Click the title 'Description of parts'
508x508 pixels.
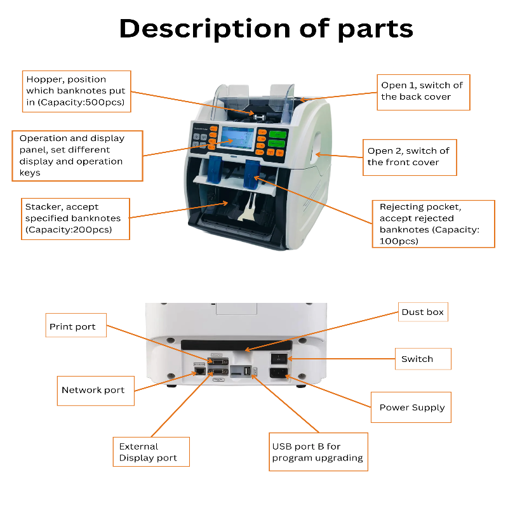click(x=266, y=29)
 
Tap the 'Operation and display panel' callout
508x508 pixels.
click(x=77, y=156)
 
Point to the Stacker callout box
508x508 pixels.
click(x=75, y=218)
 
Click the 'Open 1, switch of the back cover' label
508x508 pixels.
click(x=423, y=91)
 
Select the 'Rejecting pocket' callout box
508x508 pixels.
click(x=432, y=224)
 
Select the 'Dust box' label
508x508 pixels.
click(x=422, y=312)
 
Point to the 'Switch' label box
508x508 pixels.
click(x=422, y=359)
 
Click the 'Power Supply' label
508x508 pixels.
click(x=411, y=408)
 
